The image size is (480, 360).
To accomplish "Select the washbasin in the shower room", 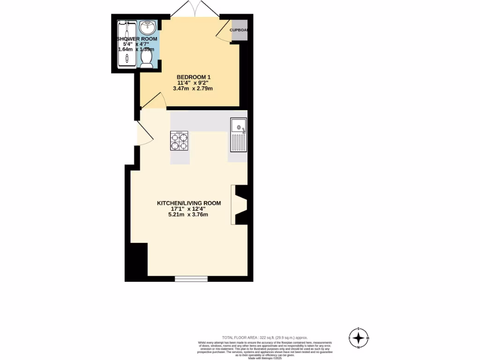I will (149, 26).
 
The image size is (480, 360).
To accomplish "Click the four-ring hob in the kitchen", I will (179, 141).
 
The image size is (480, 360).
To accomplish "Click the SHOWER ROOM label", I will (137, 39).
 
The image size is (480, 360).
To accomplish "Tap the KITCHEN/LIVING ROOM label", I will (188, 203).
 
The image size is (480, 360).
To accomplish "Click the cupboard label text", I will (239, 30).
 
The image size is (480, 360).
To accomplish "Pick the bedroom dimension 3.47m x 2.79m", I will (193, 88).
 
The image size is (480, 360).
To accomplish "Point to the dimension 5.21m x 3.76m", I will (188, 215).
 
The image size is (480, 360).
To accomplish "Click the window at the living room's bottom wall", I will (191, 279).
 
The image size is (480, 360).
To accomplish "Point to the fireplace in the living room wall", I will (240, 205).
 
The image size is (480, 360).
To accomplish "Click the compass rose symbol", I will (359, 337).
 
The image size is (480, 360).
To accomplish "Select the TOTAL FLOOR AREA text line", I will (265, 337).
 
